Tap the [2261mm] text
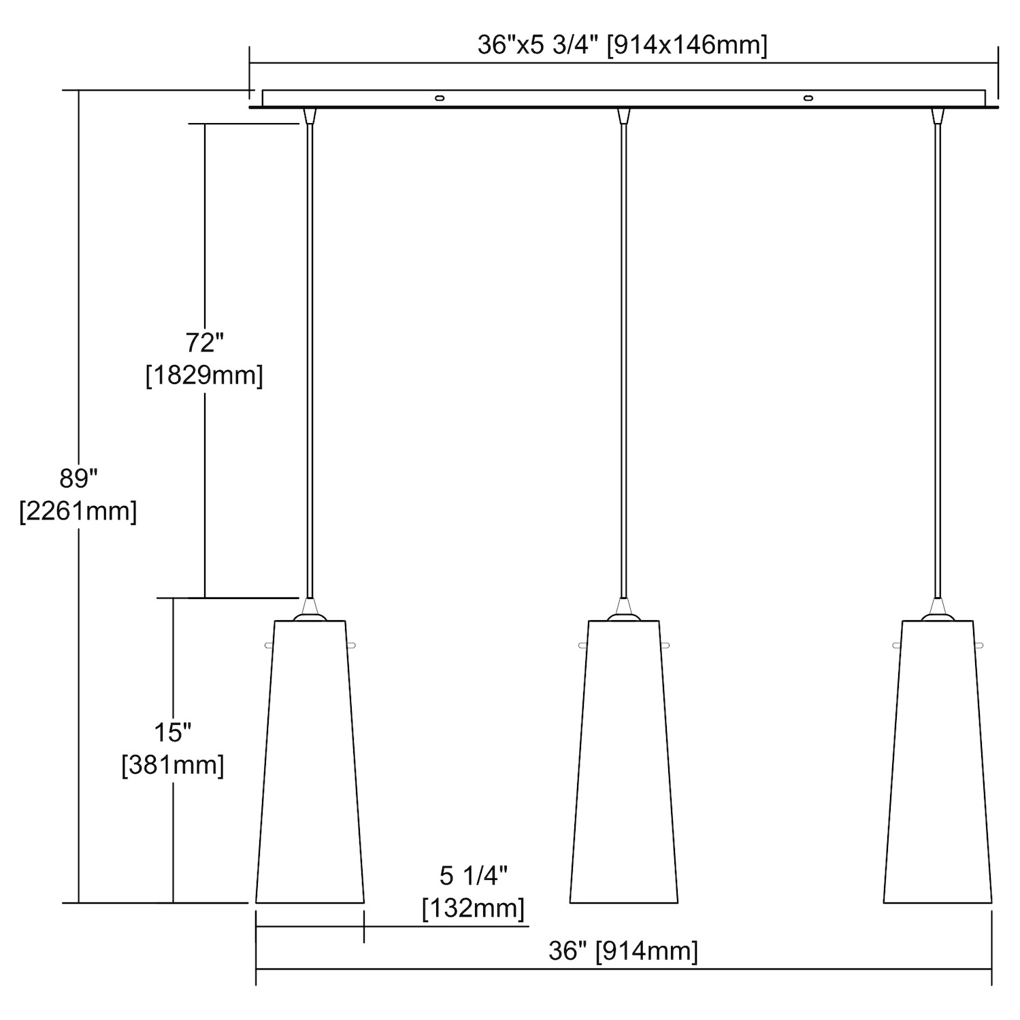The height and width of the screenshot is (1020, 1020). click(x=78, y=511)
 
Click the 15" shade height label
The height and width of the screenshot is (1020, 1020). click(x=172, y=733)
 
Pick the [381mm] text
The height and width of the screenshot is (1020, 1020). click(x=173, y=766)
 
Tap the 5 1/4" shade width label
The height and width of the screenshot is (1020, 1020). click(x=474, y=876)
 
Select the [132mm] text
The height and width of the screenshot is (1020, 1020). click(x=474, y=908)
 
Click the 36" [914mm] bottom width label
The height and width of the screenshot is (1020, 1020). click(x=623, y=951)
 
